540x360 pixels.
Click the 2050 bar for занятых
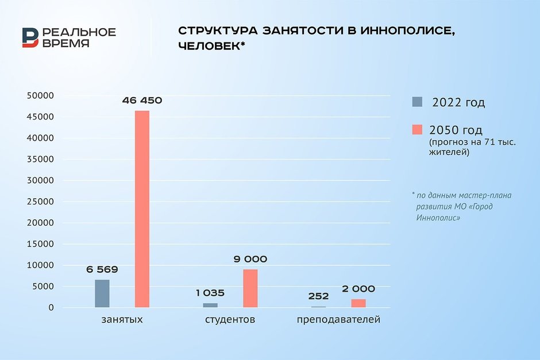click(142, 209)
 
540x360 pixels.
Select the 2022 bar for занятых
click(102, 293)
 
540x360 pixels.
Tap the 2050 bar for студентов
click(250, 288)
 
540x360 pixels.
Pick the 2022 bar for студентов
click(210, 305)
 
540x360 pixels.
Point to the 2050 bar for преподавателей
click(358, 303)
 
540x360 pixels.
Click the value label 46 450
click(142, 100)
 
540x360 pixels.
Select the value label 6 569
click(102, 269)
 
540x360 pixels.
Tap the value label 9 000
click(250, 259)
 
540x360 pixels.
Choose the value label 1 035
click(210, 293)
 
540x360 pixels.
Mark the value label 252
click(318, 296)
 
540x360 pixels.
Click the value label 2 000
click(358, 289)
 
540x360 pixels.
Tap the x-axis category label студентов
click(230, 319)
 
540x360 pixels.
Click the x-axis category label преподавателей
click(338, 319)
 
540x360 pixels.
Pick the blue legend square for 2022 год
click(417, 102)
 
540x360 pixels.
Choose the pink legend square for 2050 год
click(417, 130)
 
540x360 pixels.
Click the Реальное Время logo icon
click(30, 37)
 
